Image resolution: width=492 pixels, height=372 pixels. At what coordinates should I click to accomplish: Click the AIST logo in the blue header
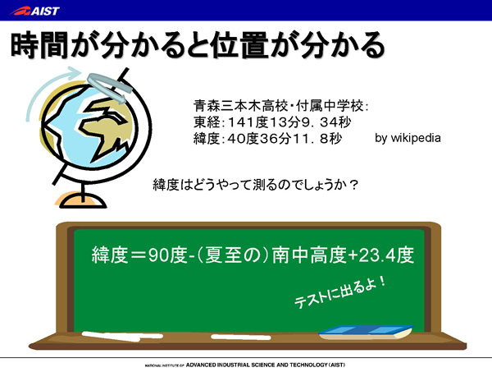click(34, 11)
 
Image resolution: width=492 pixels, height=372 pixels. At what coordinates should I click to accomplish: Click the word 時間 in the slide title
click(39, 45)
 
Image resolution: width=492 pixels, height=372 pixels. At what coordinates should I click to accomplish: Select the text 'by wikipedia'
click(408, 138)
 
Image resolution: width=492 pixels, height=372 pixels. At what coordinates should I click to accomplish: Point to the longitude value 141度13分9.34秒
click(289, 122)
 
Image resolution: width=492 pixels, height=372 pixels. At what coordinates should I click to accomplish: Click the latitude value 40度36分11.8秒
click(285, 139)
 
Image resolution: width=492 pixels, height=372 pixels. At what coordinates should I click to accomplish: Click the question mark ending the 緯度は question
click(353, 185)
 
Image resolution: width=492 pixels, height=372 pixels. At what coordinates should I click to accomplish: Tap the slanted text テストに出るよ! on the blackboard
click(340, 292)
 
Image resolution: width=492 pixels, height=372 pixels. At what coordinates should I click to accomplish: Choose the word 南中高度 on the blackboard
click(309, 255)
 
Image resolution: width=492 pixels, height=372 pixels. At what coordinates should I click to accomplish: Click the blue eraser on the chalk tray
click(366, 333)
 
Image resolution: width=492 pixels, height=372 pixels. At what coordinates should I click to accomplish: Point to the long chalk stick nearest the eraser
click(240, 338)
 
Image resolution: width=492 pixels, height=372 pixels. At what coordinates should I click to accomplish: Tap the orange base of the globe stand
click(81, 200)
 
